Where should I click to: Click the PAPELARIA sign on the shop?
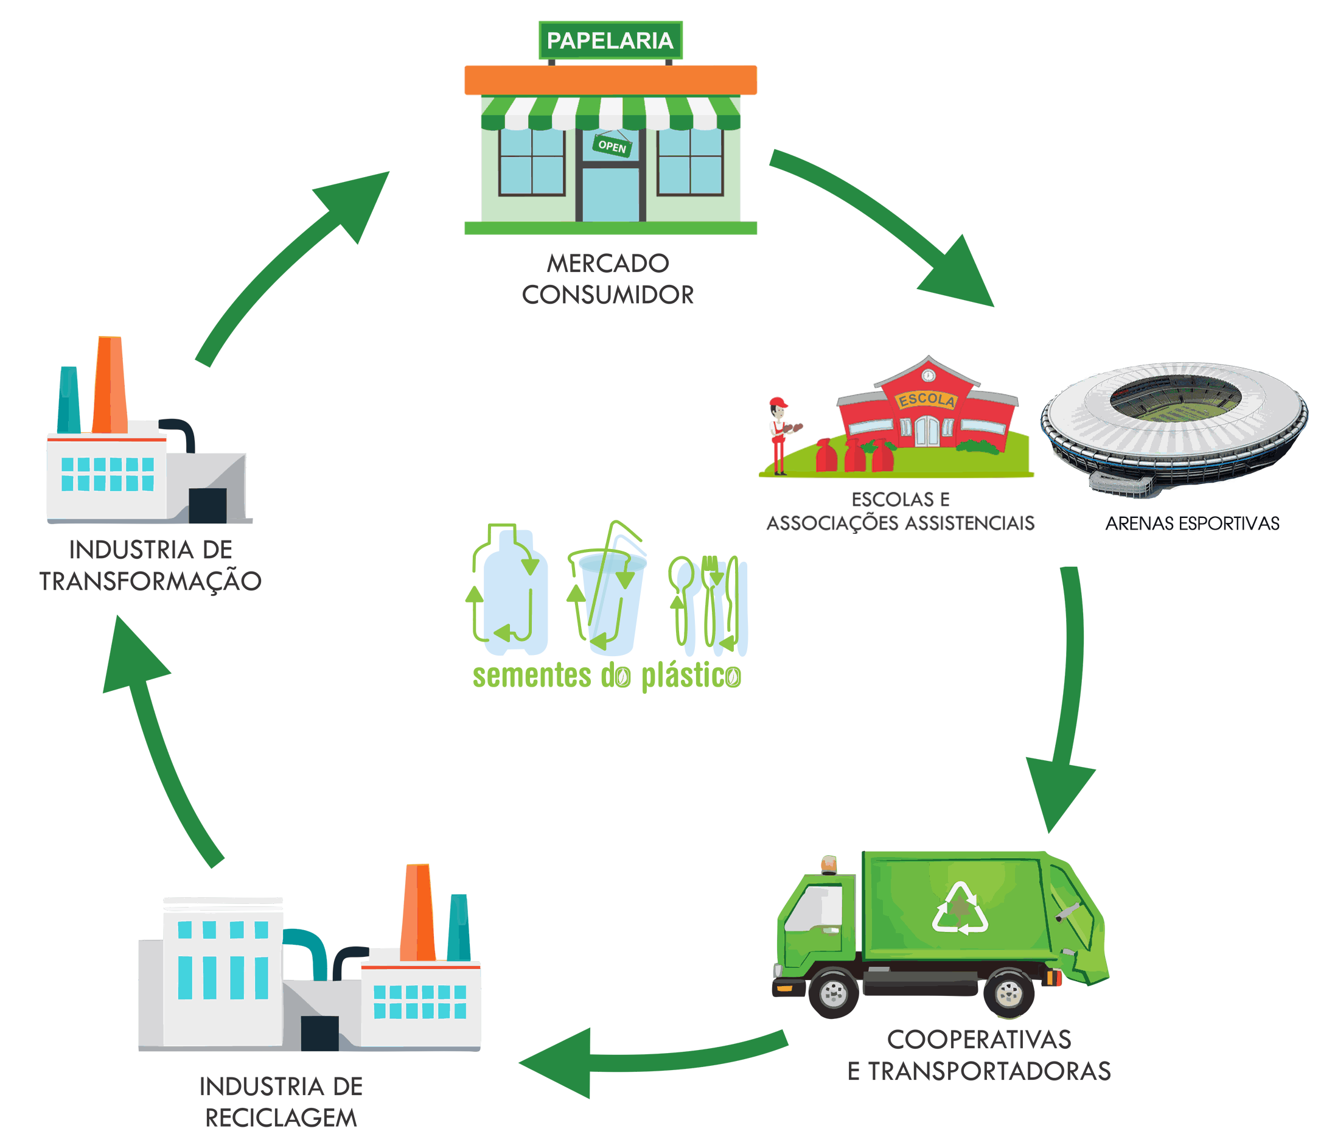click(610, 41)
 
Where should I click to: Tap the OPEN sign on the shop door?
click(612, 146)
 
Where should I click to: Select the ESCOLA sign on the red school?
click(926, 399)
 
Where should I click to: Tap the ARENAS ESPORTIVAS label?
click(1192, 524)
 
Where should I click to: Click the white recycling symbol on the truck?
click(960, 909)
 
